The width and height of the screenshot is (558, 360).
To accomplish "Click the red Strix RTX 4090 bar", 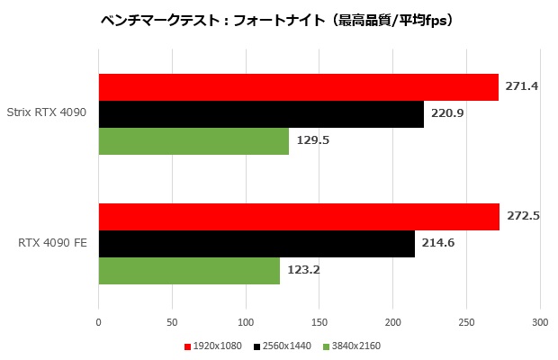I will (298, 87).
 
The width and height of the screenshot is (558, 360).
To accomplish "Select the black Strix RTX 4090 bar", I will (261, 114).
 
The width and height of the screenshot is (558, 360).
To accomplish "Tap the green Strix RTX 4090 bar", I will (193, 141).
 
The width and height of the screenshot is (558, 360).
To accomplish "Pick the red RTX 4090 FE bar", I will (299, 217).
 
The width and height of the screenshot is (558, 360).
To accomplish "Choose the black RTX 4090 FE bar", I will (256, 244).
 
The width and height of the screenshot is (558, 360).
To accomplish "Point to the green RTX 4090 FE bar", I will (189, 271).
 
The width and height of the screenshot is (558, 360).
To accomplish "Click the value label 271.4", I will (522, 86).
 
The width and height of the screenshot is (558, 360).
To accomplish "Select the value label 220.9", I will (447, 114).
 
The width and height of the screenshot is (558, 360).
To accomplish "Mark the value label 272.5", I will (523, 217).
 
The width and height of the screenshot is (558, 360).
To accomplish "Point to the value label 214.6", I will (438, 244).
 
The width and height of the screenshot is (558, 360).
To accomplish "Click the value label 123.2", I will (303, 271).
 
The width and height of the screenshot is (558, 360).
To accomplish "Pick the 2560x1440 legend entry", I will (284, 346).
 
